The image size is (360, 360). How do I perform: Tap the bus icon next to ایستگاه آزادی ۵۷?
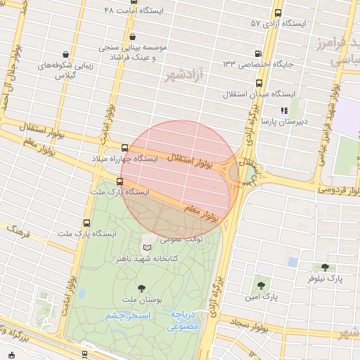point(278,13)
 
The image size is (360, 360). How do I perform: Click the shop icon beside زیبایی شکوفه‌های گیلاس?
point(65,53)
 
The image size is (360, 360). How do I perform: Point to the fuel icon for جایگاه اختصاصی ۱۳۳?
point(259,53)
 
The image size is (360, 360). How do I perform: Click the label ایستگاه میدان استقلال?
point(252,94)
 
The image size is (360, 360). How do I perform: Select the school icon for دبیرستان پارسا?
point(283,110)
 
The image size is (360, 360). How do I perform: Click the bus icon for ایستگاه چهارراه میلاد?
point(125,148)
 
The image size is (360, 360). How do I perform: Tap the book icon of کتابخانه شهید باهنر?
point(146,247)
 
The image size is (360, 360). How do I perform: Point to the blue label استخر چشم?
point(129,316)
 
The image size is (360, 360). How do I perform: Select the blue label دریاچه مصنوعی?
point(184,321)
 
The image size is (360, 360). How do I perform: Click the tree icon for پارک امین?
point(261,285)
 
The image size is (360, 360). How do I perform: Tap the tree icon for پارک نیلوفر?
point(324,267)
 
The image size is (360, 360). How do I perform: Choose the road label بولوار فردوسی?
point(336,188)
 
